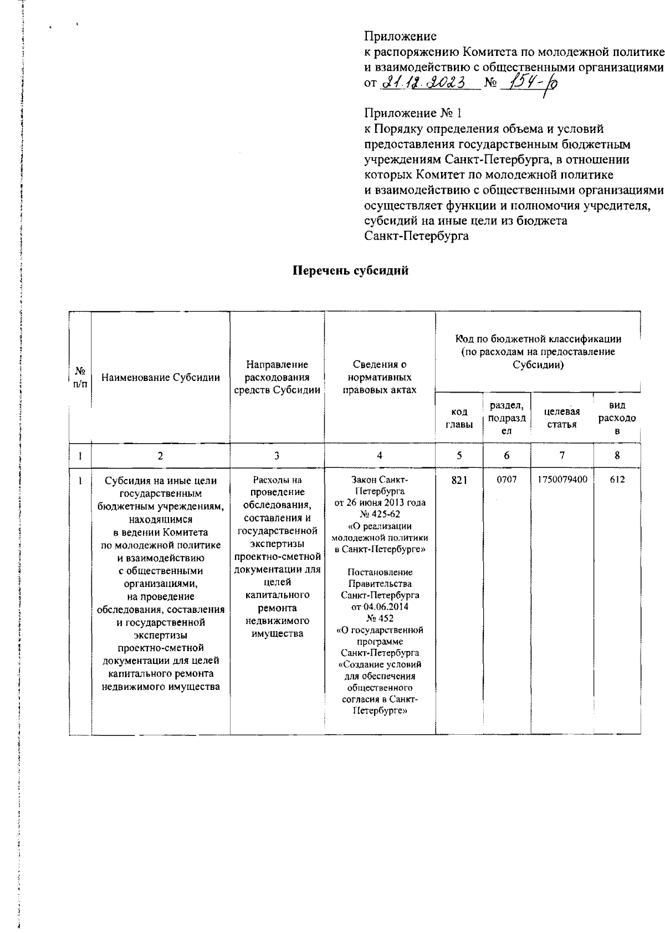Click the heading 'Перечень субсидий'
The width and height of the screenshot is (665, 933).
(x=350, y=271)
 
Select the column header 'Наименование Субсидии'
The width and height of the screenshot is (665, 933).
(x=161, y=378)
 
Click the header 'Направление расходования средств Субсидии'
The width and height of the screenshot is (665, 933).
(x=277, y=378)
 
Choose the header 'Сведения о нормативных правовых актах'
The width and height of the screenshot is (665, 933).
(x=380, y=378)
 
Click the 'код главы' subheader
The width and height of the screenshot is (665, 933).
(x=459, y=419)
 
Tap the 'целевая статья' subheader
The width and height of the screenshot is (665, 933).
(x=562, y=419)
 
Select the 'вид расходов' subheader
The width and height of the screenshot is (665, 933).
(x=617, y=419)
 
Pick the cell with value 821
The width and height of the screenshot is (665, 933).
(x=459, y=480)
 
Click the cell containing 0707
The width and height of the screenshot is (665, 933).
(x=507, y=480)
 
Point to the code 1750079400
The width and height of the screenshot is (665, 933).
(x=562, y=480)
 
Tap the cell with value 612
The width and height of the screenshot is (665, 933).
(x=617, y=480)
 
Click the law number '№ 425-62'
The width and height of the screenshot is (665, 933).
(x=380, y=515)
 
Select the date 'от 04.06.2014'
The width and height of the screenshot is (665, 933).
(x=380, y=607)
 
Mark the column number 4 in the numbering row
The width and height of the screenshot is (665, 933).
(x=380, y=456)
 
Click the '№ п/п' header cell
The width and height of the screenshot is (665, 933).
(x=80, y=378)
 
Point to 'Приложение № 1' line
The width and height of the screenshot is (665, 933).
(x=412, y=114)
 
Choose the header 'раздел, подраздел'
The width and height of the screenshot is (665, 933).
(x=507, y=419)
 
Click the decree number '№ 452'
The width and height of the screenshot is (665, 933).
(x=380, y=618)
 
